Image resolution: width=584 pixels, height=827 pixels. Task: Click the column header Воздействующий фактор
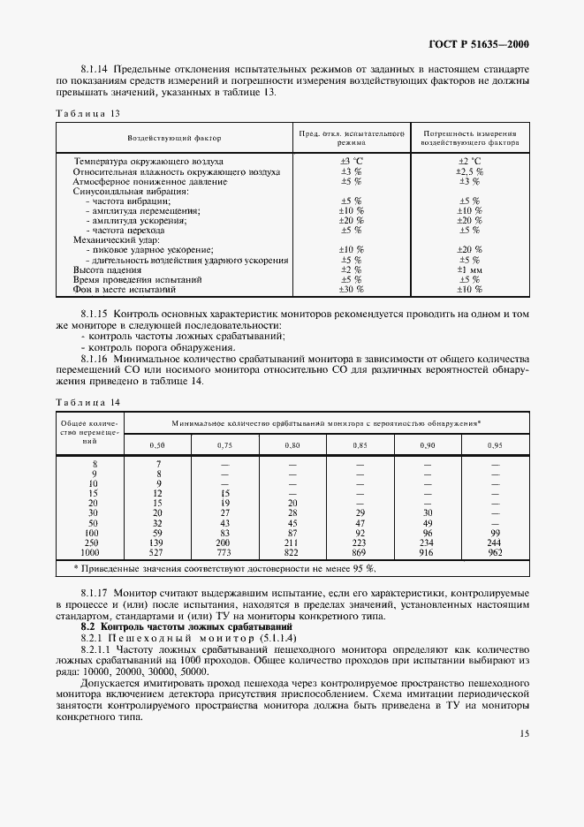[174, 139]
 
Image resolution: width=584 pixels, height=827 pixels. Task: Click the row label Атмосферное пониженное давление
[139, 181]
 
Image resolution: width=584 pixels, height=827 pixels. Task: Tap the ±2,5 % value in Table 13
[469, 171]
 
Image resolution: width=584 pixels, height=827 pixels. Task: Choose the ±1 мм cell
[469, 269]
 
